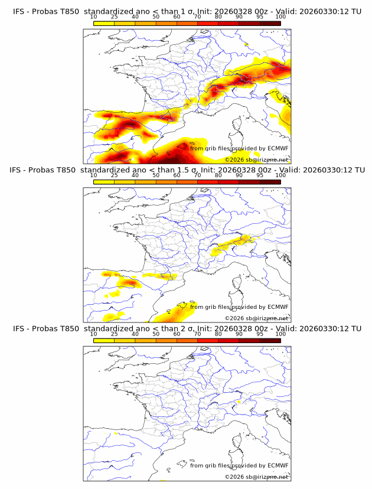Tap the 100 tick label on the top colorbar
(x=280, y=17)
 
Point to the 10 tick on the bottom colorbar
(x=93, y=334)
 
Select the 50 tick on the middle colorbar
(x=156, y=175)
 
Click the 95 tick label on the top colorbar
(x=260, y=17)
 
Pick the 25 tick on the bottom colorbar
(x=114, y=334)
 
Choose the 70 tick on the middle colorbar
(x=197, y=175)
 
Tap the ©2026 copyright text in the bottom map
(x=234, y=477)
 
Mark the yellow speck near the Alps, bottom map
(x=237, y=403)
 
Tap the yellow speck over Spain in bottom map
(x=116, y=433)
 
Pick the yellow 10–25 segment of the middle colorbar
(x=104, y=181)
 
